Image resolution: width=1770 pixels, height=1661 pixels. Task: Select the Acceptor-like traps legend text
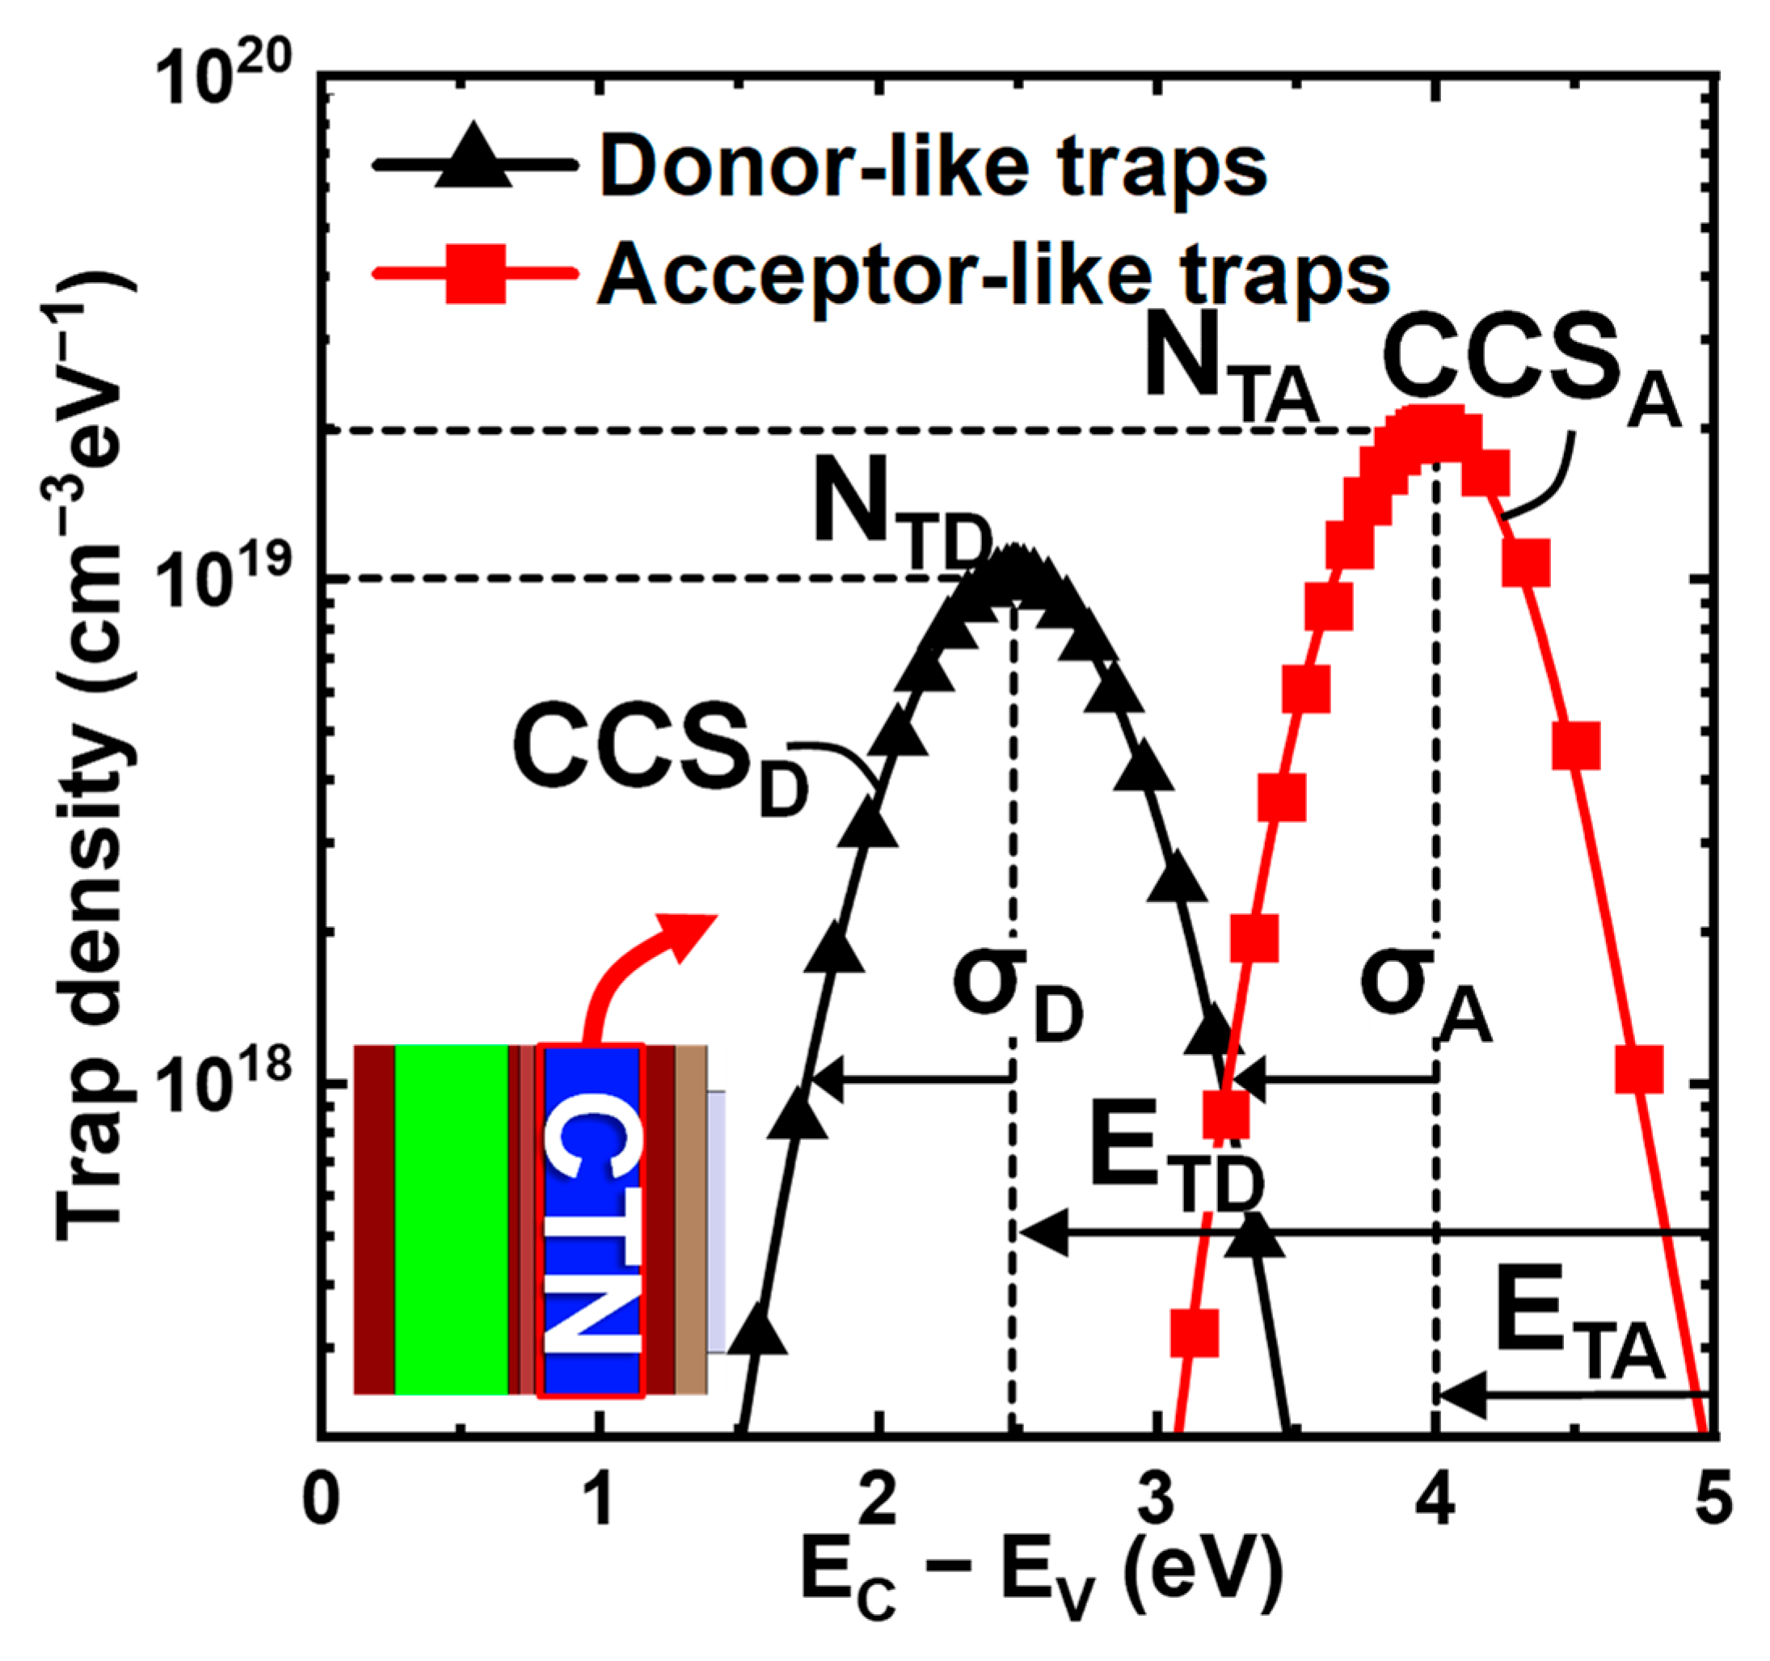(x=993, y=273)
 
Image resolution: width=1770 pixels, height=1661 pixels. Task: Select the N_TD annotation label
(x=900, y=516)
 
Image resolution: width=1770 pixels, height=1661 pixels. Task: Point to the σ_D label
(x=1015, y=993)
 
